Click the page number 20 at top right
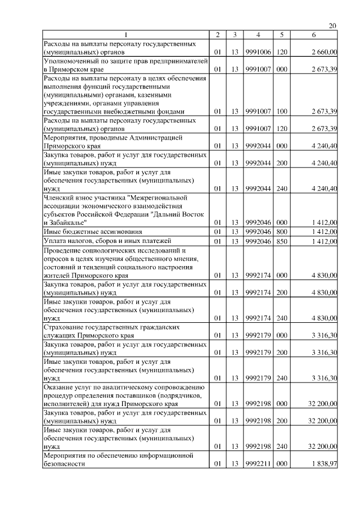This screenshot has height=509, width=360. (x=332, y=26)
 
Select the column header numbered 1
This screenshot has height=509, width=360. (x=125, y=35)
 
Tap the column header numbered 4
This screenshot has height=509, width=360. (x=258, y=35)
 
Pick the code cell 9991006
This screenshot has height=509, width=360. (x=258, y=52)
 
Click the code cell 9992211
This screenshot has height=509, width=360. (x=258, y=463)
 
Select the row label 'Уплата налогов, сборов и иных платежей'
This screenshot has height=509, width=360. (x=100, y=241)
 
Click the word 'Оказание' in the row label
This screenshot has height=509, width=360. (x=59, y=387)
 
